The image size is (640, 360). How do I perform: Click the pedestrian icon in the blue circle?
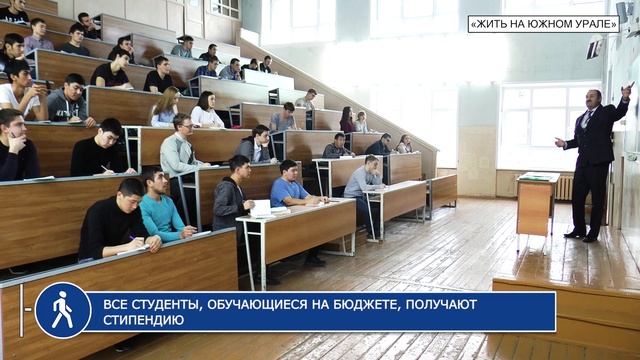click(x=62, y=310)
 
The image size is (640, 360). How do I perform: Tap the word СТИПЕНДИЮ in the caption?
click(x=143, y=320)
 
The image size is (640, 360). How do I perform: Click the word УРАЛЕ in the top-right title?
click(x=592, y=23)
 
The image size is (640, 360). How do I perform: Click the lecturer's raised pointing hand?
click(x=627, y=89)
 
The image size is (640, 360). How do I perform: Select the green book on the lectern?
click(x=536, y=177)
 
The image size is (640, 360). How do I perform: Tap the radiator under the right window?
click(x=565, y=187)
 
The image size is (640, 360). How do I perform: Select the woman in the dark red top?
click(x=347, y=121)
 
